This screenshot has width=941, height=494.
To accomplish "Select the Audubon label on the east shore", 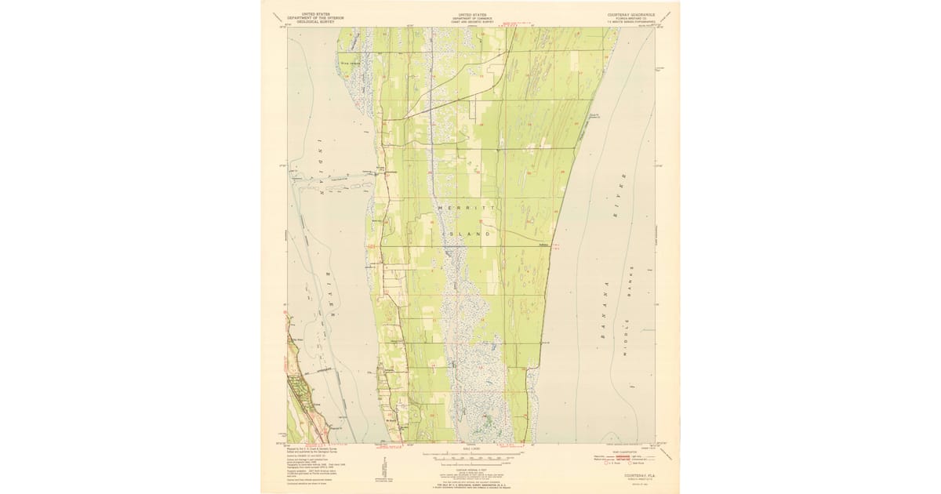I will coord(543,244).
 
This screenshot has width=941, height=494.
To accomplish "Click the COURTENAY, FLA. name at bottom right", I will coord(631,476).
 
